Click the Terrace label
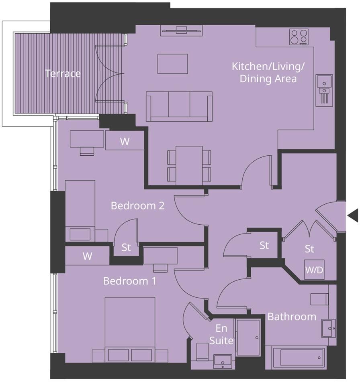coord(63,74)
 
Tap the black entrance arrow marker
coord(353,216)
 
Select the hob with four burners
coord(299,37)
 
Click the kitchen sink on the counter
coord(324,85)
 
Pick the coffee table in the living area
coord(172,64)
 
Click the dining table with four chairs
coord(189,165)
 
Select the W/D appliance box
coord(314,270)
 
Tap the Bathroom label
coord(292,317)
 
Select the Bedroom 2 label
coord(137,206)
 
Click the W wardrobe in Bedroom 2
coord(125,142)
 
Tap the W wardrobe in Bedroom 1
coord(87,256)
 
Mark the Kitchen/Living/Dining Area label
coord(268,72)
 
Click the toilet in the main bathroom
coord(319,299)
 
